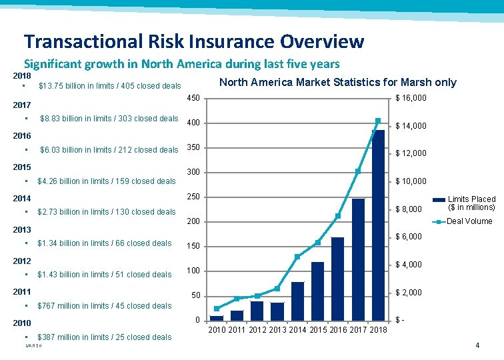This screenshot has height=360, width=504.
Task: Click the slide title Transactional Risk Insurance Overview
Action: click(194, 41)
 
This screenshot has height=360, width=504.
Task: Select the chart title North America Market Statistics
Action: click(337, 82)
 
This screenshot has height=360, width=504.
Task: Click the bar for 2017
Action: click(358, 259)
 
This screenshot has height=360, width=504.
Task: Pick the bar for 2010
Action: click(217, 318)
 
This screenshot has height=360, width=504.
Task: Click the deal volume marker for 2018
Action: click(378, 121)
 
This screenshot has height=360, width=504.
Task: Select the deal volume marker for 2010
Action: click(217, 309)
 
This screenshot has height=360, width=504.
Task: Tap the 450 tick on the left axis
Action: click(193, 99)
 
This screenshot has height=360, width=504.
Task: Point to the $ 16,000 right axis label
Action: click(411, 99)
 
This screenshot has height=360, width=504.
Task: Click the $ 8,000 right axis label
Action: click(409, 209)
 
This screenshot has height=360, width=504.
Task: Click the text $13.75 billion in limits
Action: click(110, 86)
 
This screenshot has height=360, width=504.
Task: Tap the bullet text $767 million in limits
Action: click(105, 306)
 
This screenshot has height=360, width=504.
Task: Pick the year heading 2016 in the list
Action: click(23, 135)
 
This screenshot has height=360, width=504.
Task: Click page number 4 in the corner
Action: click(477, 345)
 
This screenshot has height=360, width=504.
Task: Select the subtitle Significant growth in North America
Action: click(182, 64)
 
